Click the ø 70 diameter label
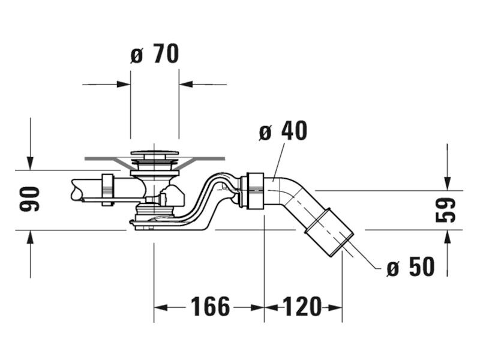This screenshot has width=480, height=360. (x=155, y=54)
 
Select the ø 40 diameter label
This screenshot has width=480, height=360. (x=283, y=131)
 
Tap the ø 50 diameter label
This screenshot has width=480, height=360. (x=410, y=266)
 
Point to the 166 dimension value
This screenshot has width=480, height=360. (x=211, y=307)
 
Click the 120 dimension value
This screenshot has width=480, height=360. (x=302, y=307)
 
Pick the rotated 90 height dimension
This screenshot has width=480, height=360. (x=29, y=199)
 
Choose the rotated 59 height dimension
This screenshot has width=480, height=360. (x=445, y=210)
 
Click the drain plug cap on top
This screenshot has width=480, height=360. (x=155, y=153)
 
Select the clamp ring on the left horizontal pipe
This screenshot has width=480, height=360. (x=108, y=190)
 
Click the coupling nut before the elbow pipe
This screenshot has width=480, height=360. (x=252, y=191)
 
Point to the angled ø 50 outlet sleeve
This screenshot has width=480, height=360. (x=329, y=233)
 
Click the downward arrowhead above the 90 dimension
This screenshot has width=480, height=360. (x=30, y=163)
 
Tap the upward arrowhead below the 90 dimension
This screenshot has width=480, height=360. (x=30, y=237)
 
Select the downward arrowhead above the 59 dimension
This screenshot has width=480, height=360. (x=447, y=183)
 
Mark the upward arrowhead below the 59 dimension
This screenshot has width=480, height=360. (x=447, y=237)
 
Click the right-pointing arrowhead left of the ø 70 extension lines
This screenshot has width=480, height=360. (x=124, y=84)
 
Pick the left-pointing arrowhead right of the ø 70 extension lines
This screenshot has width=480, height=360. (x=186, y=84)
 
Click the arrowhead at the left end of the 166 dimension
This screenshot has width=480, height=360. (x=161, y=307)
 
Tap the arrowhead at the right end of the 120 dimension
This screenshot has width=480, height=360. (x=335, y=307)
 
